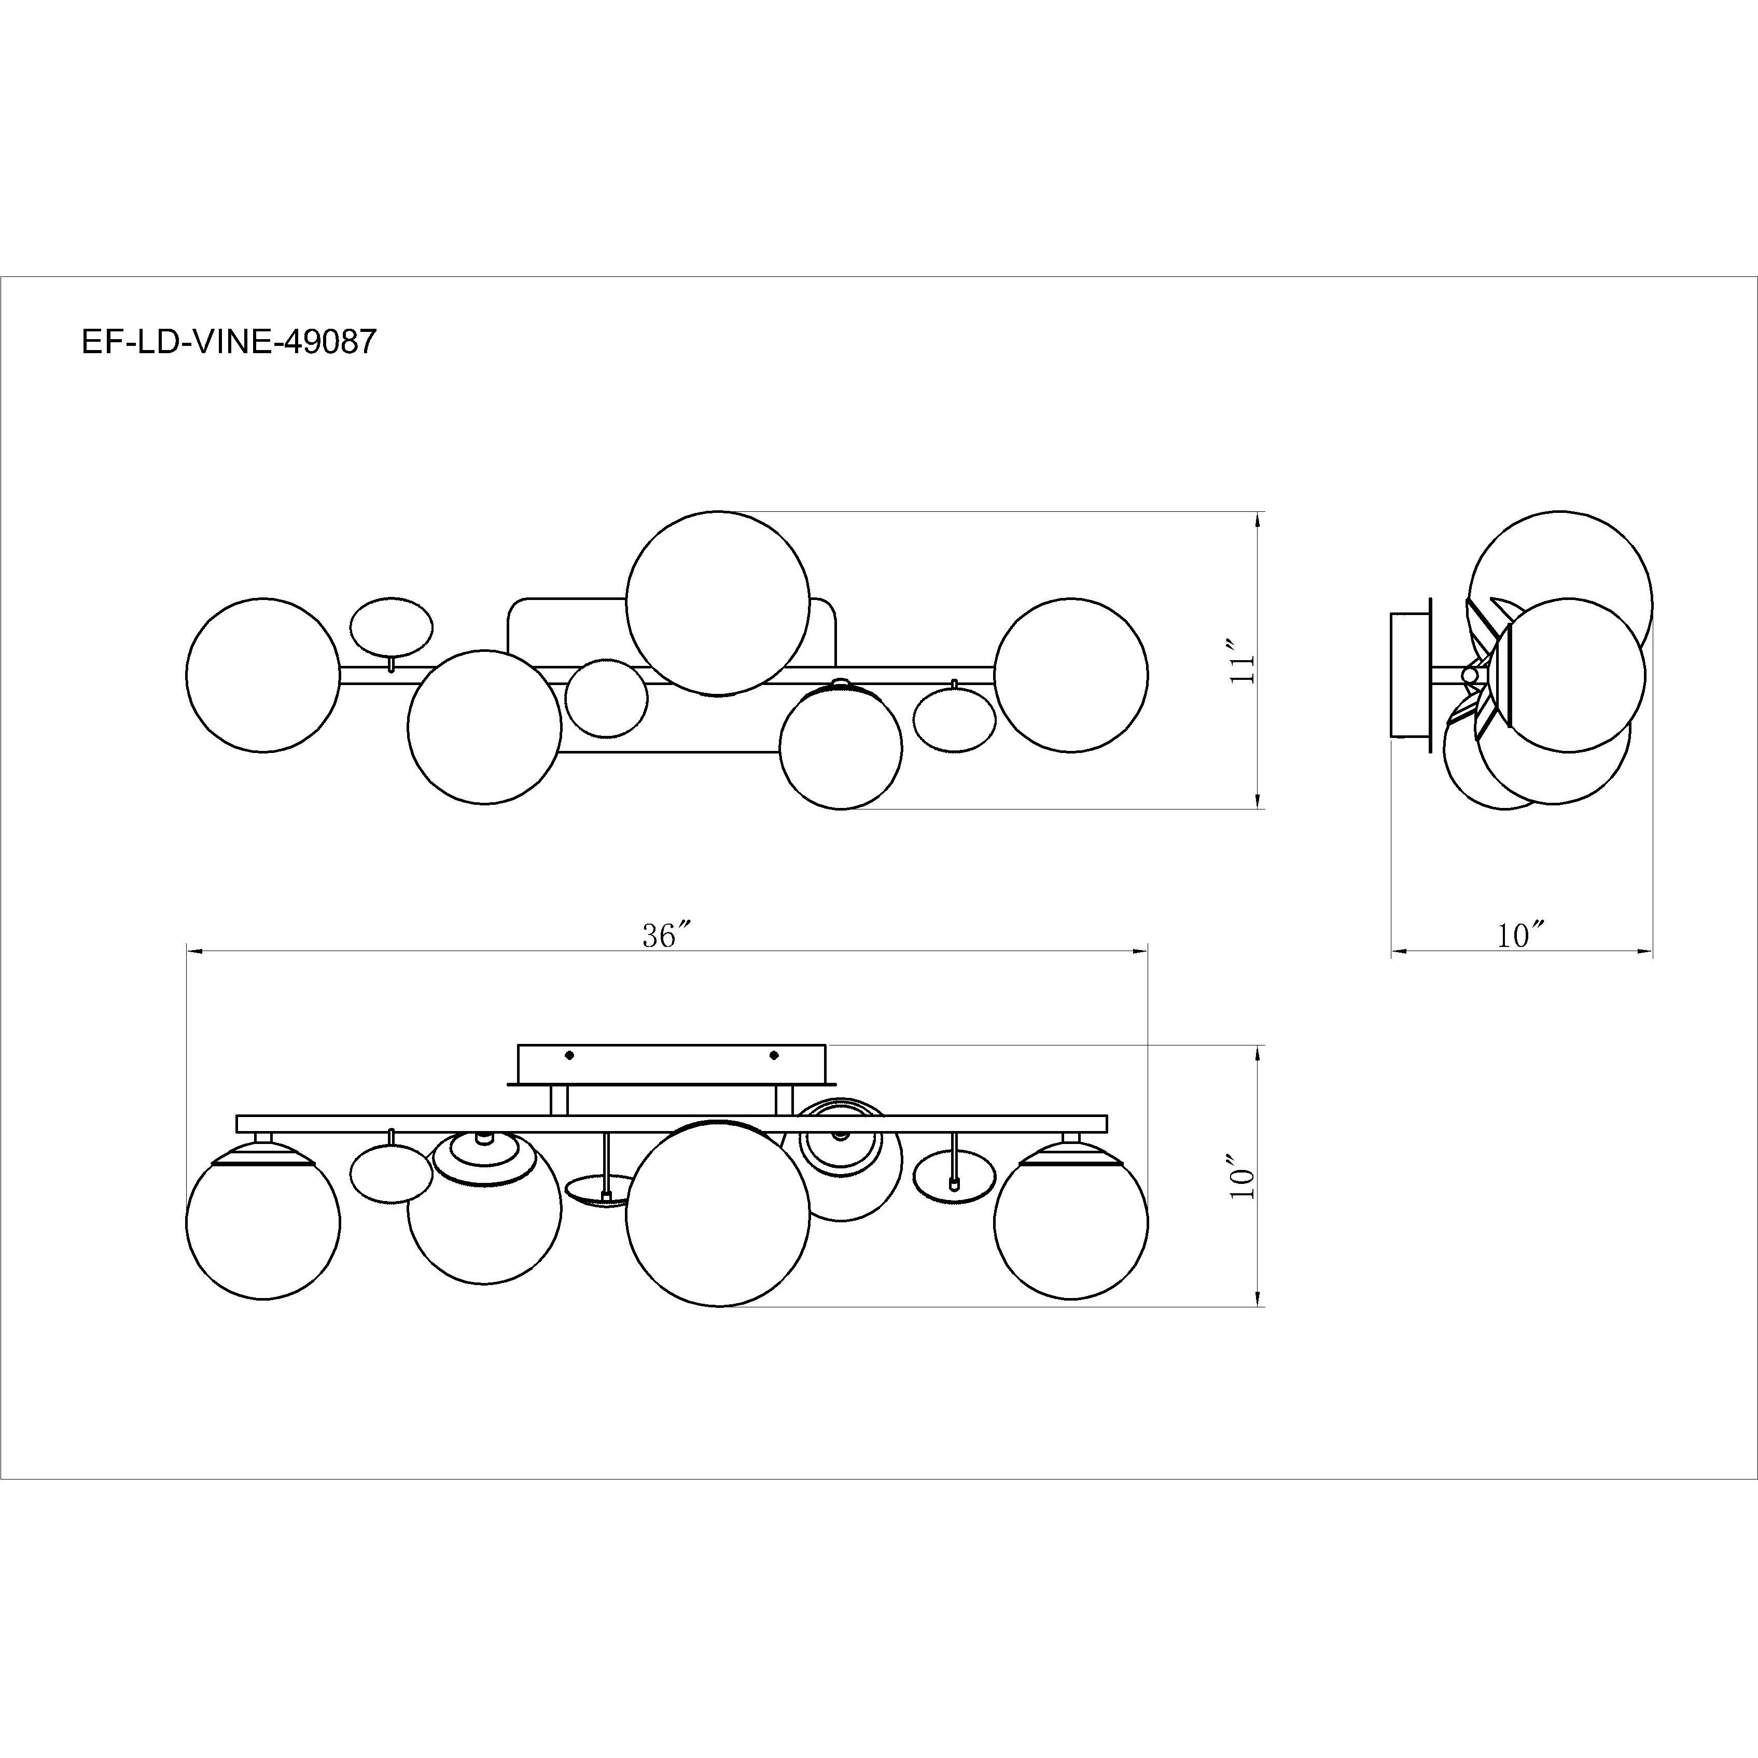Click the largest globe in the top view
pyautogui.click(x=718, y=603)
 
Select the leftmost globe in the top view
pyautogui.click(x=263, y=674)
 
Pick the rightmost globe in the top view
pyautogui.click(x=1071, y=674)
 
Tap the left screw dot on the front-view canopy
pyautogui.click(x=569, y=1055)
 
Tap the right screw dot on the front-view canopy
pyautogui.click(x=774, y=1055)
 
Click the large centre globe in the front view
pyautogui.click(x=718, y=1215)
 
